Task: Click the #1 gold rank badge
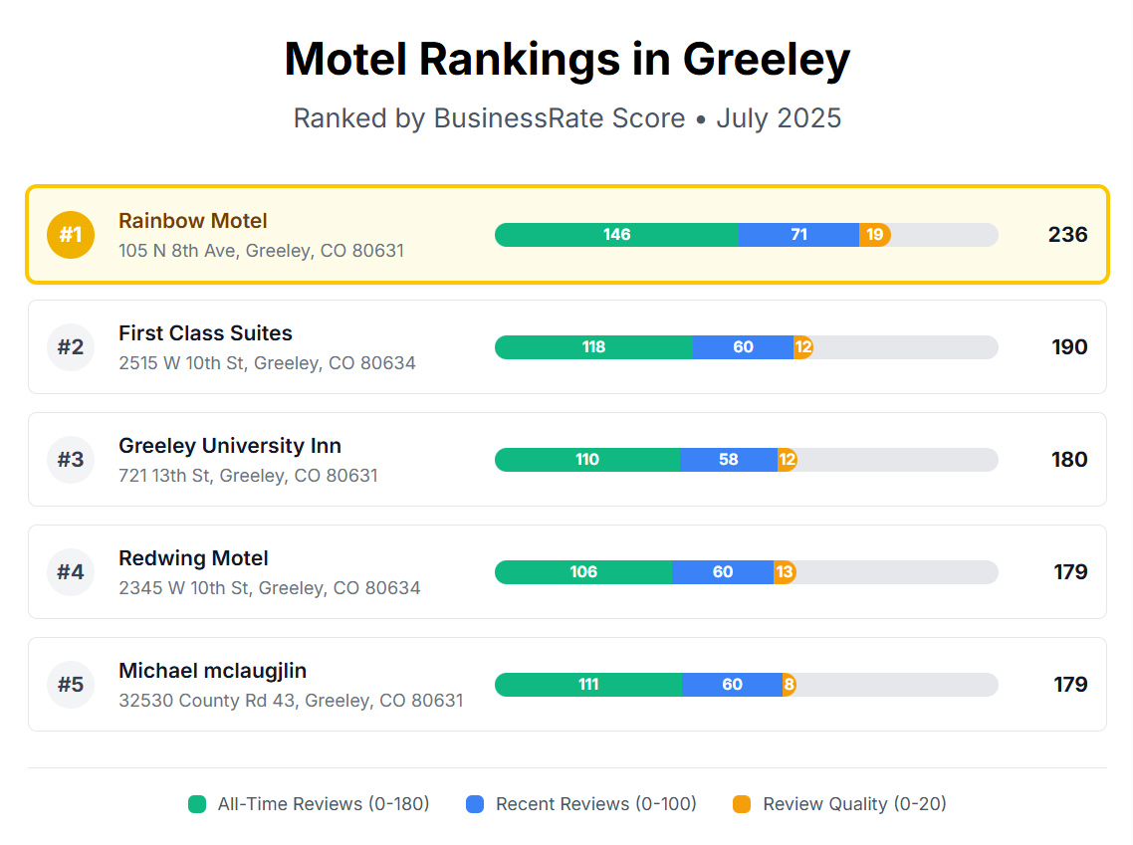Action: point(70,235)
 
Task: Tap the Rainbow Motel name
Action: point(193,221)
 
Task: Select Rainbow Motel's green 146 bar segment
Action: point(616,235)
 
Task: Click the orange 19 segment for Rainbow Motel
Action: point(874,235)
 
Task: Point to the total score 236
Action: point(1067,235)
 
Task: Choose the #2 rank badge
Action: point(70,347)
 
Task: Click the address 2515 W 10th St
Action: point(267,363)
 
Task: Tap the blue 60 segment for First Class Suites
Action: point(743,347)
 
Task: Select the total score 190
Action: point(1069,347)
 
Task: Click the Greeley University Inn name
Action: point(230,446)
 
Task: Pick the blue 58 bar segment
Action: point(729,460)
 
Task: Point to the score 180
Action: point(1069,460)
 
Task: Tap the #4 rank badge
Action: point(70,572)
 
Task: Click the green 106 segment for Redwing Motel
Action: point(583,572)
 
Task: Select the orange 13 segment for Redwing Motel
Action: point(785,572)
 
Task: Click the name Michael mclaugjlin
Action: point(213,671)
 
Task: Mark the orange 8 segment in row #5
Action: point(789,685)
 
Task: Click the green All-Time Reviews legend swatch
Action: point(197,804)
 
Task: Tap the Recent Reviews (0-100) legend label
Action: point(596,804)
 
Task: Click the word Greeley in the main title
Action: point(766,60)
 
